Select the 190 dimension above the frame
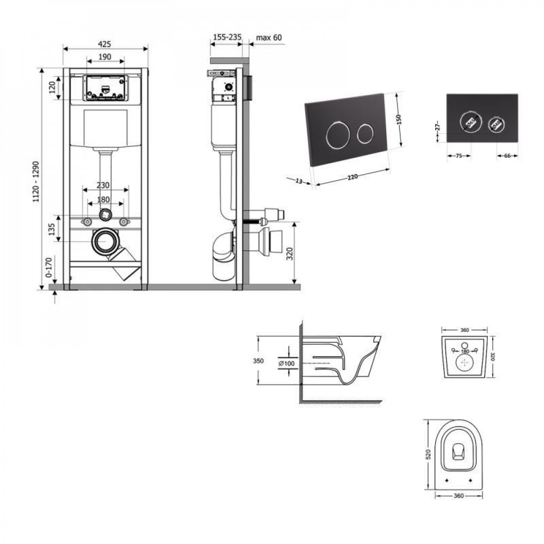pyautogui.click(x=105, y=57)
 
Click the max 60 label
pyautogui.click(x=269, y=38)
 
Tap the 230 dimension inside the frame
pyautogui.click(x=103, y=185)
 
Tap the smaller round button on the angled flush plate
pyautogui.click(x=364, y=132)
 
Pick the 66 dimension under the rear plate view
pyautogui.click(x=506, y=156)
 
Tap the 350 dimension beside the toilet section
pyautogui.click(x=258, y=360)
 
